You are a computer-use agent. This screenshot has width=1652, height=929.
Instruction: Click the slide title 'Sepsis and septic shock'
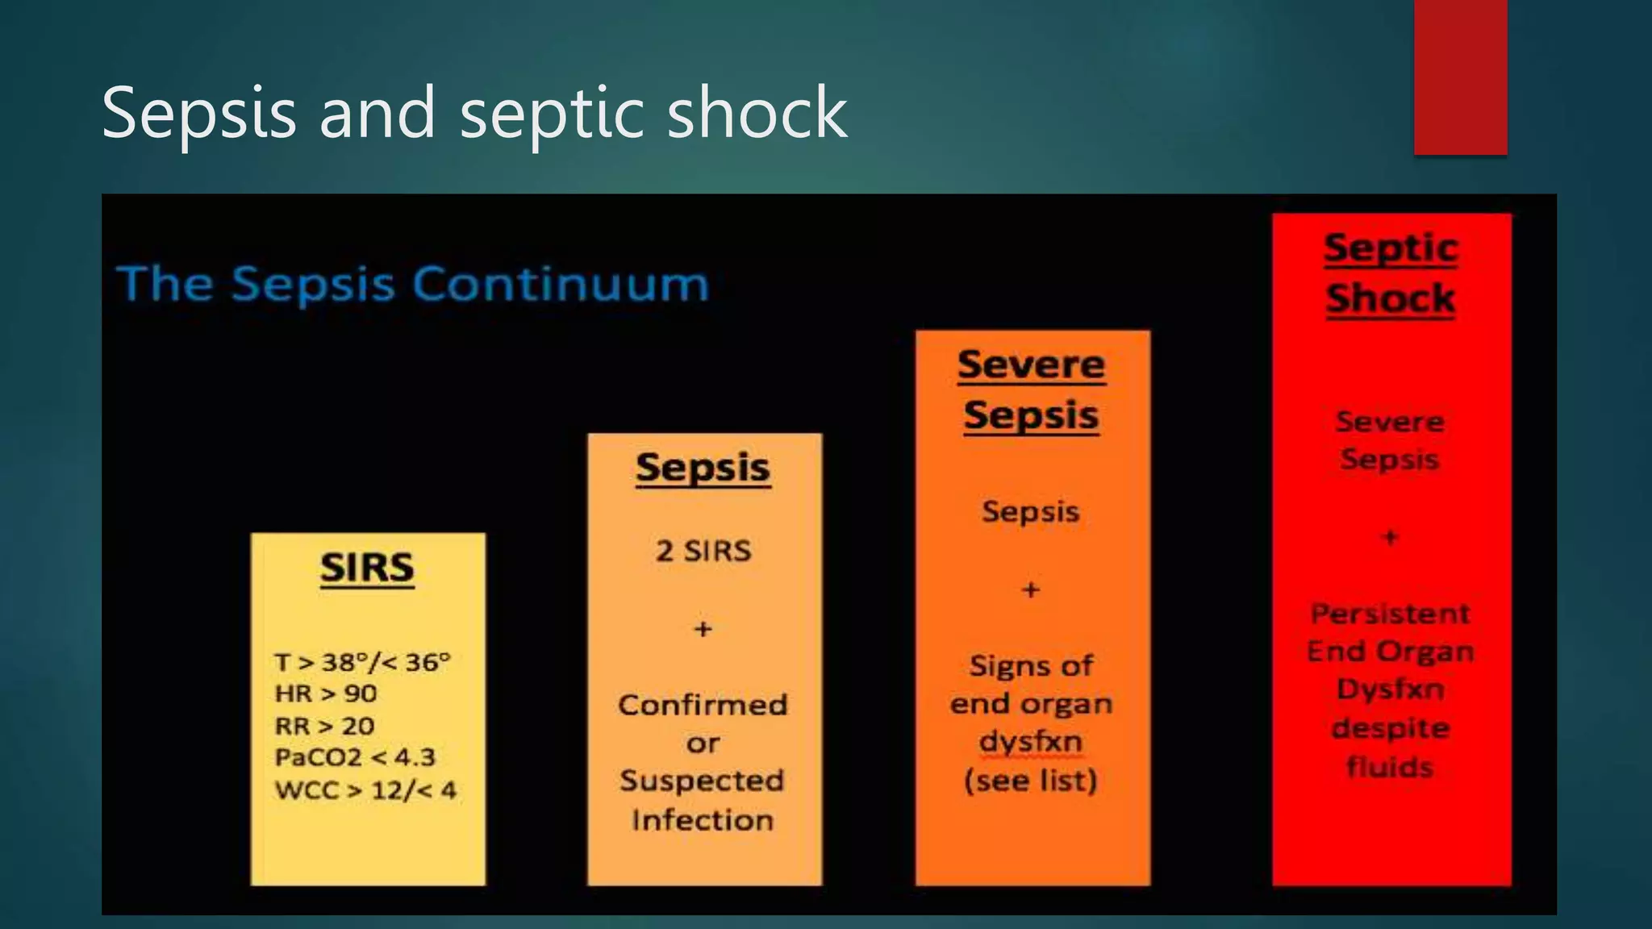[x=474, y=113]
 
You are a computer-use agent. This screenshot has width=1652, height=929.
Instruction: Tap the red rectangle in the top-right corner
[x=1460, y=77]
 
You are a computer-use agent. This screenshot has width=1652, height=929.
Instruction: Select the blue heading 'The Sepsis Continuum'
[x=413, y=284]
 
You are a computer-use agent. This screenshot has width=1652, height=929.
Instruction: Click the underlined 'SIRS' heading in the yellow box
[x=367, y=568]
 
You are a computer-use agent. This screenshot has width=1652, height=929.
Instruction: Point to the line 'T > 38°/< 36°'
[x=362, y=662]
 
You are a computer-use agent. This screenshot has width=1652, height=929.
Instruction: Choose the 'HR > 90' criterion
[x=326, y=694]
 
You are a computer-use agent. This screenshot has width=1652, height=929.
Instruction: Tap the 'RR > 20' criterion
[x=324, y=726]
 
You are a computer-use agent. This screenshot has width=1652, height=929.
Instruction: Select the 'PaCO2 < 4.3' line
[x=355, y=757]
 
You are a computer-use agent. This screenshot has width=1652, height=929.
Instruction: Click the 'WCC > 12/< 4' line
[x=365, y=789]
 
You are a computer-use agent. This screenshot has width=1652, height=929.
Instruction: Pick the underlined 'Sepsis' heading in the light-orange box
[x=703, y=468]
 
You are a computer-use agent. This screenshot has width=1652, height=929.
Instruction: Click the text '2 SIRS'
[x=703, y=551]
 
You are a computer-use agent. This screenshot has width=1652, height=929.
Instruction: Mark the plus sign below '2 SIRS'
[x=703, y=628]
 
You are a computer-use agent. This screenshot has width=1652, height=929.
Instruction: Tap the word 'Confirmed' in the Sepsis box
[x=703, y=705]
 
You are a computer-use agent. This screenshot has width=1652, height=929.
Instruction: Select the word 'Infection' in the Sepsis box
[x=703, y=820]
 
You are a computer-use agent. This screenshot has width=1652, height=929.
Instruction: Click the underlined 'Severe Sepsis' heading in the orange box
[x=1032, y=390]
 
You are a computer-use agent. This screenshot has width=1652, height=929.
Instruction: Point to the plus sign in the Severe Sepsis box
[x=1031, y=589]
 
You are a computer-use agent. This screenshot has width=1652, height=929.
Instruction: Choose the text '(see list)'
[x=1031, y=781]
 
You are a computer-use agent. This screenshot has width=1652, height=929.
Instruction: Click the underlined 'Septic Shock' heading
[x=1391, y=273]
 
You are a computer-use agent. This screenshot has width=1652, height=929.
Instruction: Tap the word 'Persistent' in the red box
[x=1391, y=614]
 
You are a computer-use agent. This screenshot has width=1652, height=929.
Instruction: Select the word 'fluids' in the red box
[x=1391, y=766]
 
